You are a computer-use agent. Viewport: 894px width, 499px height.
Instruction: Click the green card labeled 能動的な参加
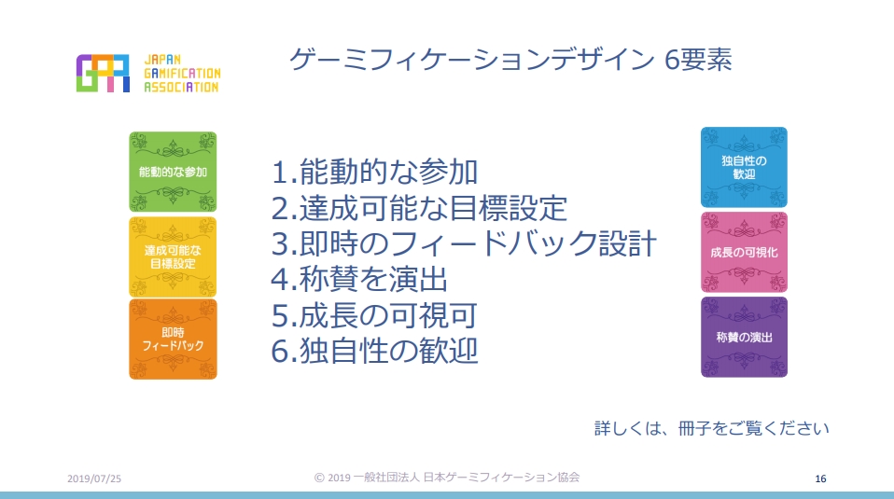(x=173, y=172)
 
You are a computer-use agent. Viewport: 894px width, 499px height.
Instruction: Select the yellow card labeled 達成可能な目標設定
(x=173, y=256)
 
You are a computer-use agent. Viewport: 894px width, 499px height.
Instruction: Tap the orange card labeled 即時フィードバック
(x=173, y=339)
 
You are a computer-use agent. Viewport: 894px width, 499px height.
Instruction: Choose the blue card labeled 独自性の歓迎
(x=744, y=167)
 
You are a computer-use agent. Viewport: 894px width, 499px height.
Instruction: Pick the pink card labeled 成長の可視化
(x=744, y=252)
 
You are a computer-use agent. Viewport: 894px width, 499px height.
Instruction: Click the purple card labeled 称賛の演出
(x=744, y=337)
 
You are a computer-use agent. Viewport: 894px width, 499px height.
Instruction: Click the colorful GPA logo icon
(x=104, y=73)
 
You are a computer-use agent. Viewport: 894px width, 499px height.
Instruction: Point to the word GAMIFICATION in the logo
(x=182, y=73)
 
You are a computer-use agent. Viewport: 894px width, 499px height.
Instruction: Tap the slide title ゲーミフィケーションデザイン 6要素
(x=510, y=60)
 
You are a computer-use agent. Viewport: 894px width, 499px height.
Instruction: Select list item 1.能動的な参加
(x=374, y=172)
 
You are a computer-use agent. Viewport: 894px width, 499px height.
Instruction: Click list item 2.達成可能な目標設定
(x=419, y=207)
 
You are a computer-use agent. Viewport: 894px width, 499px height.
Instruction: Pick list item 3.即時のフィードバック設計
(x=464, y=243)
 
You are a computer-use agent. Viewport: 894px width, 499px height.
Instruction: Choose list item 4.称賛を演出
(x=359, y=279)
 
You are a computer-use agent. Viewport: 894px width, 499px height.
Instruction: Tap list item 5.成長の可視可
(x=374, y=315)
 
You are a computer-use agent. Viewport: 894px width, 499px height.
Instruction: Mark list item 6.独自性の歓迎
(x=374, y=351)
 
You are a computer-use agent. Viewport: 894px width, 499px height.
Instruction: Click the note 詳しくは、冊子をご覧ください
(x=711, y=428)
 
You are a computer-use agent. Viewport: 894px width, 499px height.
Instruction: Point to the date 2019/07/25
(x=94, y=478)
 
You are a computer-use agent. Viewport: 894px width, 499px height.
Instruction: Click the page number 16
(x=820, y=478)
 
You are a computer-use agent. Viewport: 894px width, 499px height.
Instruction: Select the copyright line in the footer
(x=447, y=478)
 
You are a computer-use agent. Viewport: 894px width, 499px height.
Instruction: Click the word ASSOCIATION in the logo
(x=181, y=87)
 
